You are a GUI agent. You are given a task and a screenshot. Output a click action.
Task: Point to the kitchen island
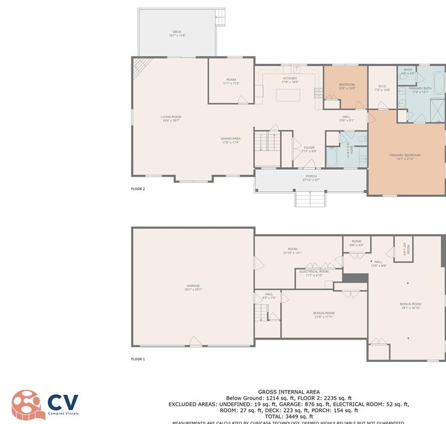click(x=288, y=95)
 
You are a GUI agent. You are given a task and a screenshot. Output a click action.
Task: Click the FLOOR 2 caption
click(x=138, y=189)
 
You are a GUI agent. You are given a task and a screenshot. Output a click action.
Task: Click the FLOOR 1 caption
click(x=138, y=359)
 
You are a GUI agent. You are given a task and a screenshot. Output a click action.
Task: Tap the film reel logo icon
click(x=26, y=404)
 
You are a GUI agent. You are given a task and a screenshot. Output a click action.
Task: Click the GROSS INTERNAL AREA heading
click(x=289, y=392)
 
